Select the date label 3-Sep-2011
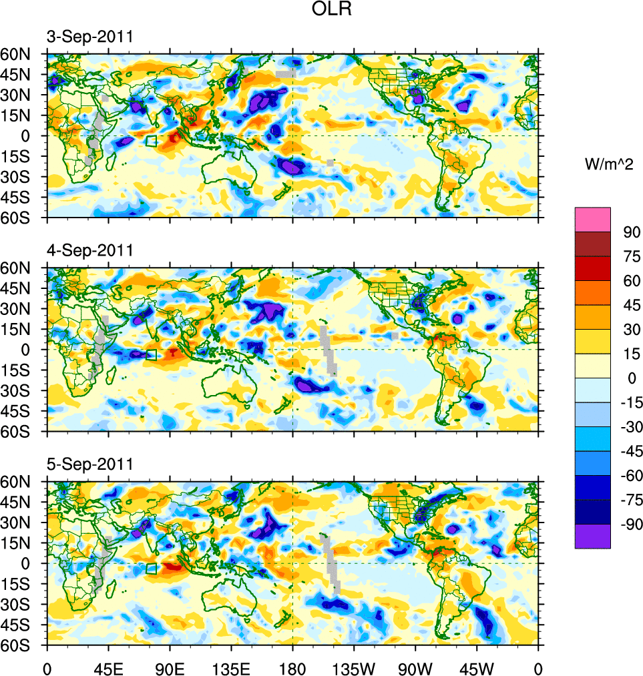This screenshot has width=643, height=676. click(89, 37)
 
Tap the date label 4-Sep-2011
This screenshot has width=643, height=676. click(89, 251)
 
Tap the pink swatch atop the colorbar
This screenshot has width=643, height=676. click(592, 219)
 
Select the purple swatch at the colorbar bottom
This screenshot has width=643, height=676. click(592, 536)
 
